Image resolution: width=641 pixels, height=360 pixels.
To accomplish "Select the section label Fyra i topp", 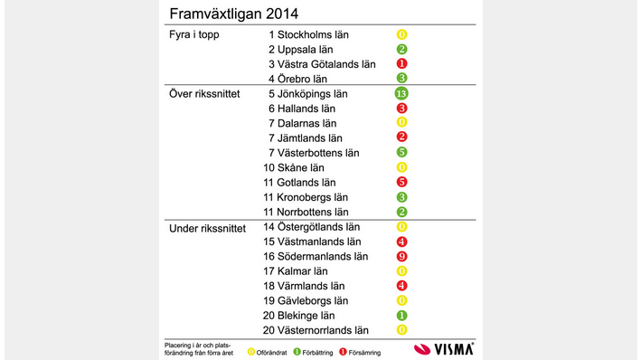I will [x=194, y=34].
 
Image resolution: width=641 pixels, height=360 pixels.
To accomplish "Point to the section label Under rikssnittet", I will [x=207, y=227].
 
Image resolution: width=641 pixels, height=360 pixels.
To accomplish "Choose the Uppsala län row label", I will [x=307, y=49].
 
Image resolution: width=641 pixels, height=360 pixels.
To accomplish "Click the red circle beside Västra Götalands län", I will [x=402, y=63].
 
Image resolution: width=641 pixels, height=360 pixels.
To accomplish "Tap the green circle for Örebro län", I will [x=402, y=79].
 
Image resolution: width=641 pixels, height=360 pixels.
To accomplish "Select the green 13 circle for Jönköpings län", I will [x=402, y=93].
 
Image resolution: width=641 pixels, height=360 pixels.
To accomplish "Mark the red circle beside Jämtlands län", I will [x=402, y=137].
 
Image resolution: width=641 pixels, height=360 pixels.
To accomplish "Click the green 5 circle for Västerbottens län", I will [x=402, y=152].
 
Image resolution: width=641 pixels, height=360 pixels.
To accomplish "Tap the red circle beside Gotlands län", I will [x=402, y=182].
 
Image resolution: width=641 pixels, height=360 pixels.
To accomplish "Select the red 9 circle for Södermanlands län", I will [x=402, y=256].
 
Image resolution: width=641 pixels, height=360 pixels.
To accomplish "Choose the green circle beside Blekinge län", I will [x=402, y=315].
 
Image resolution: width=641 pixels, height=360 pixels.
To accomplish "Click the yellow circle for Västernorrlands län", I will [x=402, y=330].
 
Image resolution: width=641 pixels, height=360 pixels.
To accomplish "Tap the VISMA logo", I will [x=443, y=348].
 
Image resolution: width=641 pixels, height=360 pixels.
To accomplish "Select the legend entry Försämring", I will [x=363, y=352].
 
